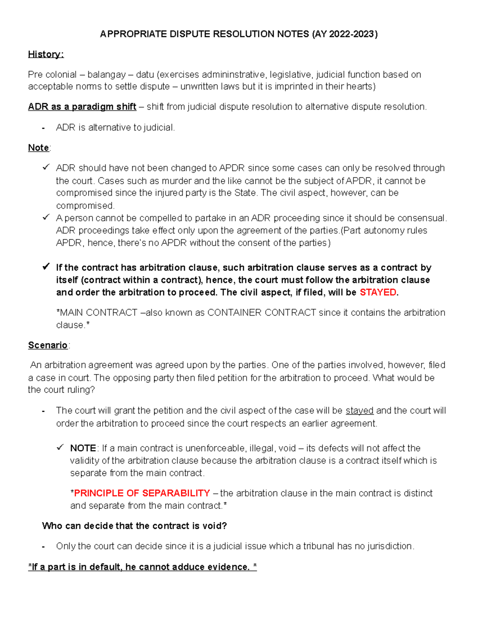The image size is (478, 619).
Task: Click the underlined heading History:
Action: (x=45, y=54)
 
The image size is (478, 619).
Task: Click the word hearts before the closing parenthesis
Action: (x=359, y=86)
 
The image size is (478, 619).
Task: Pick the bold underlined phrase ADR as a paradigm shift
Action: (x=82, y=107)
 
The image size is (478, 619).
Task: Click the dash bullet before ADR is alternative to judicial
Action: (x=43, y=128)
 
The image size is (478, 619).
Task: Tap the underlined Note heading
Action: (x=39, y=148)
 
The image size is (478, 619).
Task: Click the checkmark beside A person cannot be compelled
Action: (x=46, y=218)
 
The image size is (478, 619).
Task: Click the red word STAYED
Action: (x=378, y=292)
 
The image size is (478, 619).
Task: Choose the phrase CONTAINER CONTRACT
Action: (x=262, y=312)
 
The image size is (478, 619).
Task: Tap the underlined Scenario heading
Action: (x=48, y=345)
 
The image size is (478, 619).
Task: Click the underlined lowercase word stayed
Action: (x=359, y=411)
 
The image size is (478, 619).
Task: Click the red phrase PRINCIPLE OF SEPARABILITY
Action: (x=142, y=493)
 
